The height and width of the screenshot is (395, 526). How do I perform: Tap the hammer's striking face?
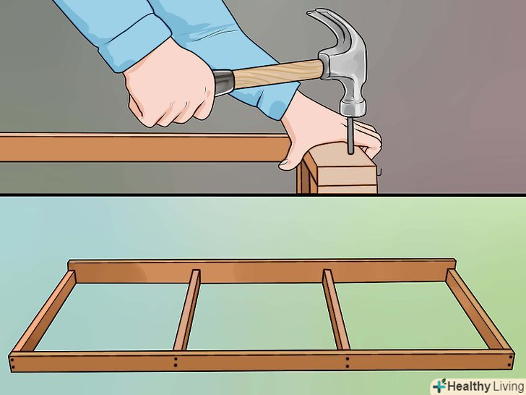[353, 114]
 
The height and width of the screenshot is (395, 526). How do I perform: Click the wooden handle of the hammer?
[278, 74]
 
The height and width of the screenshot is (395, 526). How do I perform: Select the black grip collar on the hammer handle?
[223, 82]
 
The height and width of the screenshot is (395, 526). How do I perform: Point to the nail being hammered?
[350, 135]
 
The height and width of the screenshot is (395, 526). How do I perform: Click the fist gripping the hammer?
[169, 86]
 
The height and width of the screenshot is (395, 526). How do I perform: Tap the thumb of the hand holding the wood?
[291, 158]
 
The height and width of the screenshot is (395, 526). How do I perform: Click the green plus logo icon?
[439, 386]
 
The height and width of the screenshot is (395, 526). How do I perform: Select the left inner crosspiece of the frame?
[187, 310]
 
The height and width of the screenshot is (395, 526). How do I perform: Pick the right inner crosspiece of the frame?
[335, 310]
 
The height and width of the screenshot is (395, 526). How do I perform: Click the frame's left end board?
[43, 311]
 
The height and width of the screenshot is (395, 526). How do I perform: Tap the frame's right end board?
[479, 310]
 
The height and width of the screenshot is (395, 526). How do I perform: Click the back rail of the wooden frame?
[262, 271]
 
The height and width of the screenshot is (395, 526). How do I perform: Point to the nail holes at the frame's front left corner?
[12, 362]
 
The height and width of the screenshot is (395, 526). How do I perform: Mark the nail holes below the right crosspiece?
[348, 362]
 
